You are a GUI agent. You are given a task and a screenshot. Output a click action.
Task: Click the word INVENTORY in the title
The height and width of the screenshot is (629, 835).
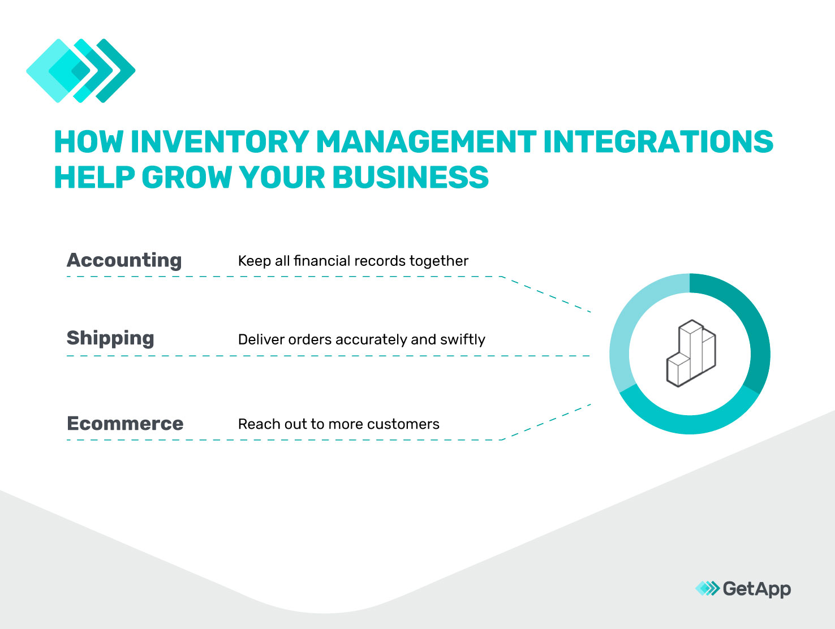click(219, 141)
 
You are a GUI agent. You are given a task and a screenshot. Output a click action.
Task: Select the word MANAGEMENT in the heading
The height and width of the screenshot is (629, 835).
click(426, 141)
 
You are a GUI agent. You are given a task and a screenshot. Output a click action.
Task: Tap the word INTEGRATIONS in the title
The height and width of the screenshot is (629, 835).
click(658, 141)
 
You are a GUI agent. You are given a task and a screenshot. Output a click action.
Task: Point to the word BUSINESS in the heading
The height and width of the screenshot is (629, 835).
click(410, 178)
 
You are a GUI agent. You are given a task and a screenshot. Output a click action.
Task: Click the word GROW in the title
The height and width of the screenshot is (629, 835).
click(187, 178)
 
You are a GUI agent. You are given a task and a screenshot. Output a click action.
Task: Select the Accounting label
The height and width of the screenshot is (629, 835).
click(124, 260)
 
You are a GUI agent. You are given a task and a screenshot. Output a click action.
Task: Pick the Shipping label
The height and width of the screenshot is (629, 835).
click(110, 338)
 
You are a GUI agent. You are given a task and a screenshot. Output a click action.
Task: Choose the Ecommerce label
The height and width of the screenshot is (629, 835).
click(125, 424)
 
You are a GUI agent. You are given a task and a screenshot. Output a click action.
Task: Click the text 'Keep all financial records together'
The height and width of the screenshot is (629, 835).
click(353, 261)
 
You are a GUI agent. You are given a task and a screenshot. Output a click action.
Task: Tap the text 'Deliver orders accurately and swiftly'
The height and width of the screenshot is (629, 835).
click(361, 339)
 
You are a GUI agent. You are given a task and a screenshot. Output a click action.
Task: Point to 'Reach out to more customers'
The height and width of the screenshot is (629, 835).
click(338, 424)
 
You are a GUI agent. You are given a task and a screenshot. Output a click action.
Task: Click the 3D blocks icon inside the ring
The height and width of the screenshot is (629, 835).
click(691, 353)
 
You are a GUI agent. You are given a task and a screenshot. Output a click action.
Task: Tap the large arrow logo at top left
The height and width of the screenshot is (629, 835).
click(81, 71)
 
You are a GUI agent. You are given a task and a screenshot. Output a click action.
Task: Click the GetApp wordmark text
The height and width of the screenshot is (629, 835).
click(756, 589)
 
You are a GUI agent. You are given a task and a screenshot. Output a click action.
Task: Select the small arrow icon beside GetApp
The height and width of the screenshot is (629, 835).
click(707, 589)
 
